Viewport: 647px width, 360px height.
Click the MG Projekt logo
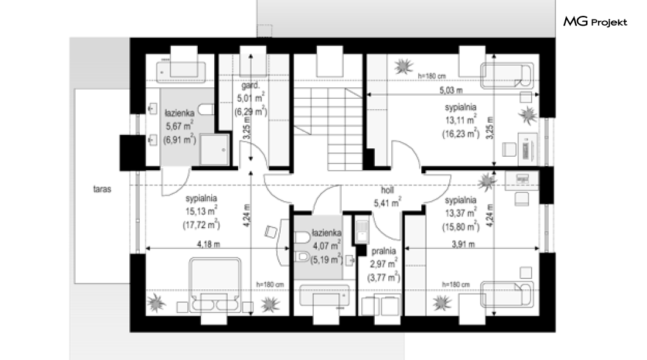coord(595,21)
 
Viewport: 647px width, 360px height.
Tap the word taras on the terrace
coord(102,189)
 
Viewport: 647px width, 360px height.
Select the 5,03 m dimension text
coord(451,90)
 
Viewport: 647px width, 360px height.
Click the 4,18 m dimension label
coord(208,244)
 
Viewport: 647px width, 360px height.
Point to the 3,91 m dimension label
coord(463,244)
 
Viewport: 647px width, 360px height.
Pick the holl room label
coord(387,190)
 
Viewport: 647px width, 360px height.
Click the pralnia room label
coord(383,251)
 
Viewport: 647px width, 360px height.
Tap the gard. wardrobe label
coord(250,86)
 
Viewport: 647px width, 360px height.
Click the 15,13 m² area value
coord(201,211)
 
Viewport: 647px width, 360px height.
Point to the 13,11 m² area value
coord(460,120)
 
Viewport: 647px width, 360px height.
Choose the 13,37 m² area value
coord(460,213)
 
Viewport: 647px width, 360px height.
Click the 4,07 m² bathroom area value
coord(327,245)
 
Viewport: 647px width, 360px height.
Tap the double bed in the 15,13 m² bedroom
coord(215,284)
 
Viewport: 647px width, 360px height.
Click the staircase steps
coord(328,128)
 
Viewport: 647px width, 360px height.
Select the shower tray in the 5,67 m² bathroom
coord(215,149)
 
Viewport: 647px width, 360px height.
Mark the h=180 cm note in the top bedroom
coord(432,76)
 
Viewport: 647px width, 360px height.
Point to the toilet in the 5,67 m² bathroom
coord(206,109)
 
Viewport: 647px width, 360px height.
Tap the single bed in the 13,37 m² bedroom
coord(507,295)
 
